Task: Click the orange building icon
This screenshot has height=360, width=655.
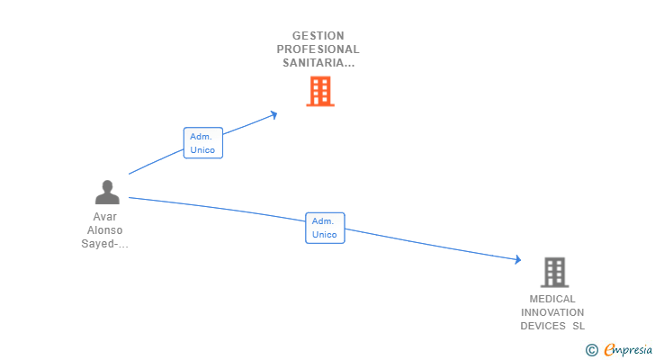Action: (320, 91)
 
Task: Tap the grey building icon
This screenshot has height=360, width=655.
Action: (555, 272)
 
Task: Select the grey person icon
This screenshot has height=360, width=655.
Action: (107, 192)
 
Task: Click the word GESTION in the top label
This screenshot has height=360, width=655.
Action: (319, 36)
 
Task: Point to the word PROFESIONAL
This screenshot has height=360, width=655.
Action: (319, 49)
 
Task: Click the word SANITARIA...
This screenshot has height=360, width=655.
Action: (316, 63)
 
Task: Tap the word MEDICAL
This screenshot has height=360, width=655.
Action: (552, 299)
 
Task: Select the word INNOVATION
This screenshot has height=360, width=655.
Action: (552, 312)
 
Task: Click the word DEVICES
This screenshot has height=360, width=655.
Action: (543, 326)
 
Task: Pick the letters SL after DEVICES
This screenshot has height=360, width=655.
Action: (579, 326)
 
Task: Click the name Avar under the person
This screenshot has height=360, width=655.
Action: (105, 217)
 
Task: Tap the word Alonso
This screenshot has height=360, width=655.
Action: (105, 230)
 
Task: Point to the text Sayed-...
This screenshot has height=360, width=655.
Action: (103, 244)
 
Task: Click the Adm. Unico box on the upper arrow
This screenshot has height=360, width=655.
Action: (202, 143)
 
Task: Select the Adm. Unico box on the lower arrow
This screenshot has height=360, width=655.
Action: (324, 228)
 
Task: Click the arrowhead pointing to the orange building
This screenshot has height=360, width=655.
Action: (273, 113)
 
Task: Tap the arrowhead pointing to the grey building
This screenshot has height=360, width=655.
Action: (517, 260)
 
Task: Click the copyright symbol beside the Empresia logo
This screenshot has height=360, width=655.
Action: (592, 350)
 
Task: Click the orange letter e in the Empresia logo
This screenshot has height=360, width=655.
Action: (609, 350)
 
